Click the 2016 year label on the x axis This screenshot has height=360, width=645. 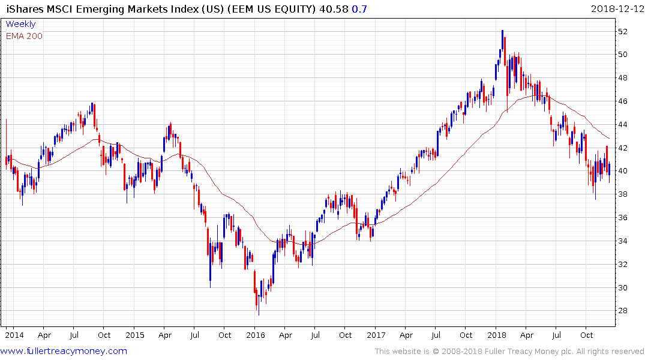[255, 335]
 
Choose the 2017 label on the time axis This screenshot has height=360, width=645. [376, 335]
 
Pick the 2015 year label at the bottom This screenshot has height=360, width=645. [134, 335]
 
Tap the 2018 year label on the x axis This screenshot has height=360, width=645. [497, 335]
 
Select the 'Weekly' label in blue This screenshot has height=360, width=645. [20, 24]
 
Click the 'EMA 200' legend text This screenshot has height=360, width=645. [24, 36]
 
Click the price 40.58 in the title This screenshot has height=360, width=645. [336, 9]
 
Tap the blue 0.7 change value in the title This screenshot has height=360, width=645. [360, 9]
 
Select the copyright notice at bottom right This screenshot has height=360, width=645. [509, 351]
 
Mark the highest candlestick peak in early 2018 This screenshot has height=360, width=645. [502, 31]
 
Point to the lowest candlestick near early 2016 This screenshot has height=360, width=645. [259, 314]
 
